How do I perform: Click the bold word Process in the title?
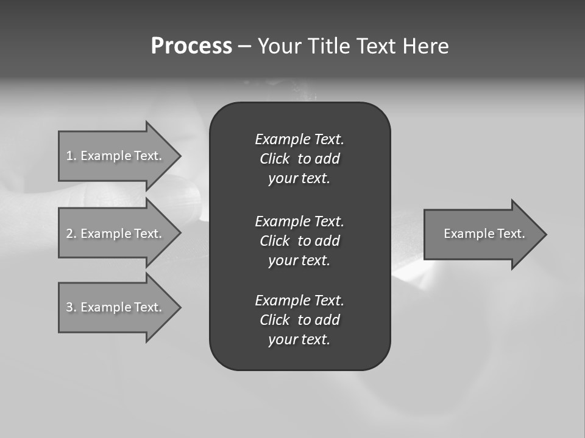tap(191, 46)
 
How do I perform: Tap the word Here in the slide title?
tap(425, 46)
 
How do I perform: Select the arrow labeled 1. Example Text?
tap(114, 156)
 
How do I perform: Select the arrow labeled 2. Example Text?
tap(114, 234)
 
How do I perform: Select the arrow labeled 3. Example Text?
tap(114, 307)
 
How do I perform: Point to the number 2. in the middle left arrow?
tap(71, 234)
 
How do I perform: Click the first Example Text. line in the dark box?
tap(299, 139)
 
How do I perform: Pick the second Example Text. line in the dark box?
tap(299, 221)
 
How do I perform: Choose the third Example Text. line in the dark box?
tap(299, 301)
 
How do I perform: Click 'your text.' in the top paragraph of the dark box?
tap(299, 179)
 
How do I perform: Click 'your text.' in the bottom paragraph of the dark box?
tap(299, 340)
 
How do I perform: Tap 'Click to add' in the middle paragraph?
tap(299, 241)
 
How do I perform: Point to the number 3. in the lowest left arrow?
tap(71, 307)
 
